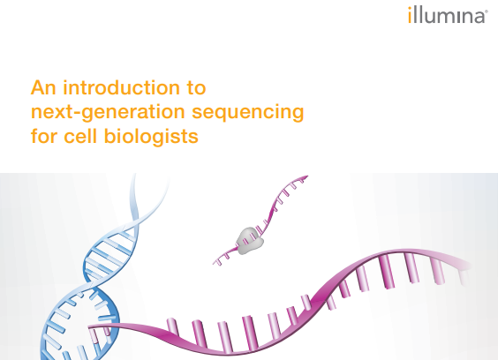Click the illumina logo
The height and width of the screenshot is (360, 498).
[x=446, y=15]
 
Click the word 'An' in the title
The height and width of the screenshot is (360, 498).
[x=42, y=88]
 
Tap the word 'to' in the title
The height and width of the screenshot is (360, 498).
[x=196, y=88]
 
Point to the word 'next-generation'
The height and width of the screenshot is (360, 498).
[x=104, y=113]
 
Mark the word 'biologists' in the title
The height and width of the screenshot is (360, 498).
[x=150, y=137]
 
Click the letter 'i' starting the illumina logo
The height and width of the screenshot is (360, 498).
[x=410, y=15]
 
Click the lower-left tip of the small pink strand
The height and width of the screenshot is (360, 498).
[x=215, y=262]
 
